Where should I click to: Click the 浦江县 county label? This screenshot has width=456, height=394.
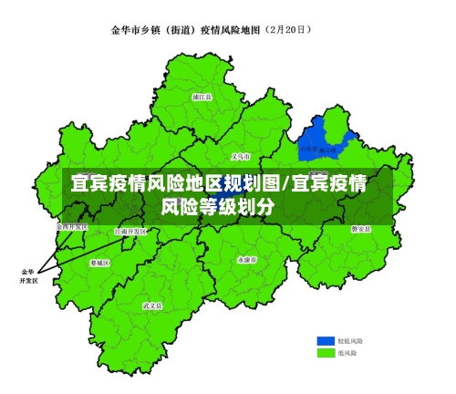[202, 96]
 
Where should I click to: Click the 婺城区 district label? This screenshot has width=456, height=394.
[100, 263]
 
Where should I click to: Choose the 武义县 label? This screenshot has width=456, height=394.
[152, 306]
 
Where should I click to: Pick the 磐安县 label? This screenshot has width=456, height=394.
[361, 228]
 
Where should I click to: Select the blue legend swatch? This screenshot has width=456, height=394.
[326, 338]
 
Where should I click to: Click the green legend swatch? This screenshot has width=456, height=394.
[326, 351]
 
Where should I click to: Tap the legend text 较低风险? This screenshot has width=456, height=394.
[350, 338]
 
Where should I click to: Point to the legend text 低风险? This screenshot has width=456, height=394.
[347, 351]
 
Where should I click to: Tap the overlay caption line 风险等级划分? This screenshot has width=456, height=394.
[219, 206]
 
